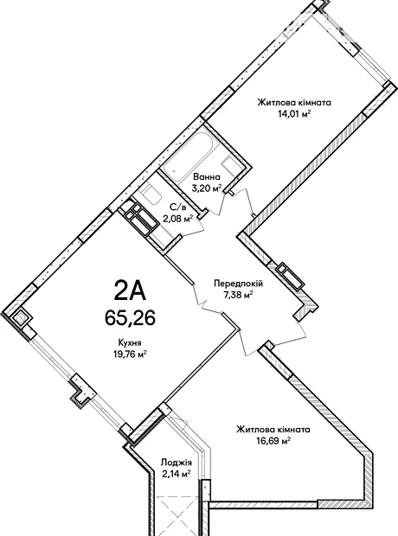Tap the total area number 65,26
130,318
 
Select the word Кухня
130,343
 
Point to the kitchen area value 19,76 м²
130,354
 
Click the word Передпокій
238,284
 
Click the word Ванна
207,177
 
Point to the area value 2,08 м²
177,218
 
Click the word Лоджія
177,463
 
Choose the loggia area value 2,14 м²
177,474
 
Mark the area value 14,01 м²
294,114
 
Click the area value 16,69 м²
273,441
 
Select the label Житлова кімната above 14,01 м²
294,103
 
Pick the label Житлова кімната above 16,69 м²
273,430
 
